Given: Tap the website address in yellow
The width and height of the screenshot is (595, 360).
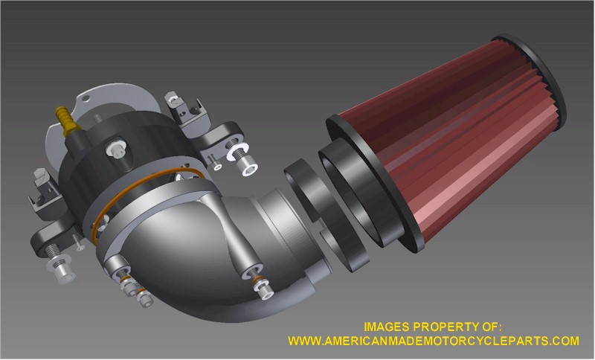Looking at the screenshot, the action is [434, 340].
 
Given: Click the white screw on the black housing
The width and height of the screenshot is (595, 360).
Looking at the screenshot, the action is [116, 148].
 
